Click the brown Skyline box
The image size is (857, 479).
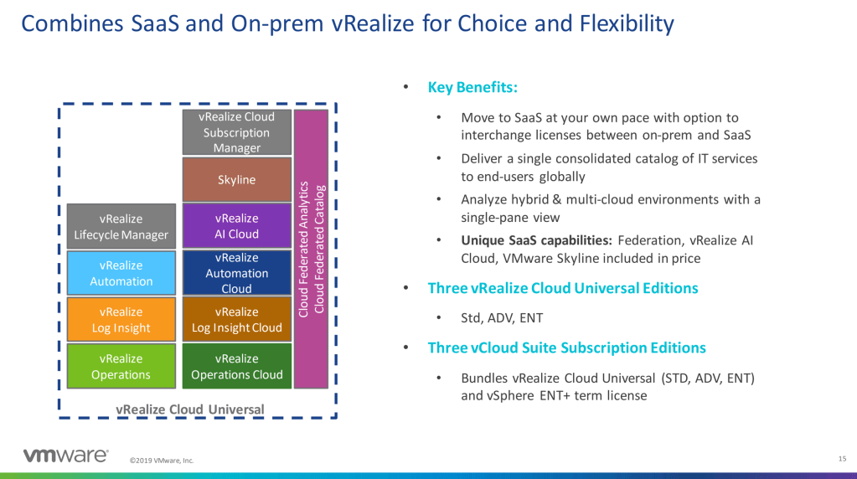click(x=237, y=179)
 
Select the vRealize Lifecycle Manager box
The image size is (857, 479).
click(x=121, y=226)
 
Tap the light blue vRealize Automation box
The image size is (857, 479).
click(x=121, y=273)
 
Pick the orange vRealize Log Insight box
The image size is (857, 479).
click(x=121, y=320)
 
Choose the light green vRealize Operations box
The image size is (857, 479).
click(x=121, y=366)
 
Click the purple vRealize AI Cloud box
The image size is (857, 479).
click(x=237, y=226)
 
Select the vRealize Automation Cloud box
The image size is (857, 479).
click(x=237, y=273)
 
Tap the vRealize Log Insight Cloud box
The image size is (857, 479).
click(x=237, y=320)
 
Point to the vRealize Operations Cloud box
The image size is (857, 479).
click(x=237, y=366)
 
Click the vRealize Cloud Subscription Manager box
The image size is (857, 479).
click(x=237, y=132)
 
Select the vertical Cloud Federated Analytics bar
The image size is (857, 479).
click(x=311, y=249)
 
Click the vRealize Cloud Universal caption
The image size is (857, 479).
click(x=189, y=409)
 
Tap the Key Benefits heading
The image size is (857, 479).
click(x=472, y=87)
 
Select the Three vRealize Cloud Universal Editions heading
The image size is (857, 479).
click(x=562, y=288)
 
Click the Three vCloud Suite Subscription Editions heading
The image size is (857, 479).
click(x=566, y=348)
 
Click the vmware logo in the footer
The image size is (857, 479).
click(x=65, y=456)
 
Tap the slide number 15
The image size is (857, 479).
click(x=841, y=458)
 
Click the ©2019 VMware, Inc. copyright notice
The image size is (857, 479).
click(x=162, y=461)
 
